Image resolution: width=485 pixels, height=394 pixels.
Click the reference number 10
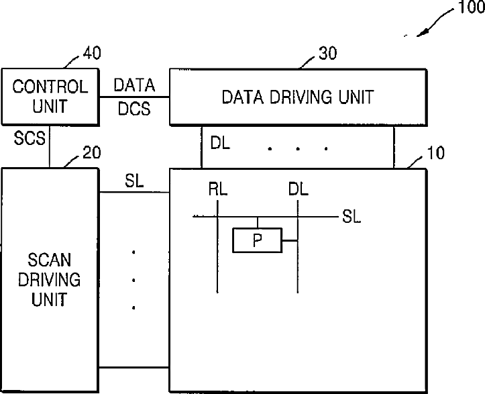tap(435, 152)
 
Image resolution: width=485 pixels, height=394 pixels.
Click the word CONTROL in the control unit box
tap(50, 87)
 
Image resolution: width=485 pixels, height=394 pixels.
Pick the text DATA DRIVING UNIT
tap(297, 97)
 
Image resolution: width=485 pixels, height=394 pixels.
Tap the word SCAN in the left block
tap(50, 259)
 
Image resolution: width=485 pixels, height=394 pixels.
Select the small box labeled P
tap(257, 240)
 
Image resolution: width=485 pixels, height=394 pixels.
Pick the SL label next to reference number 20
tap(133, 181)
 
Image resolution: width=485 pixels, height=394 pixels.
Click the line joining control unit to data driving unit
tap(133, 96)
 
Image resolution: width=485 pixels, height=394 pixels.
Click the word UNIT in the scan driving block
tap(50, 299)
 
